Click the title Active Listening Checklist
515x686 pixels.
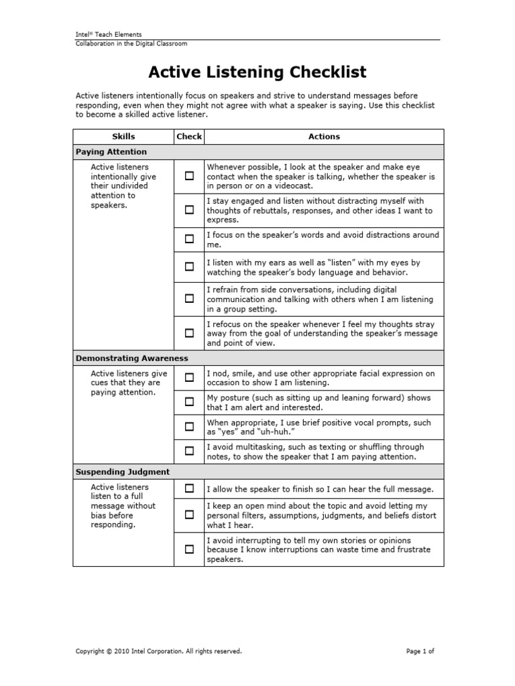pyautogui.click(x=257, y=72)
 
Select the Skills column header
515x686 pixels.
pyautogui.click(x=123, y=137)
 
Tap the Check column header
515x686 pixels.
pyautogui.click(x=189, y=137)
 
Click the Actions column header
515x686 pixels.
pyautogui.click(x=324, y=137)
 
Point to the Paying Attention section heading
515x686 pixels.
pyautogui.click(x=111, y=152)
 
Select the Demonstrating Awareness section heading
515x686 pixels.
pyautogui.click(x=132, y=358)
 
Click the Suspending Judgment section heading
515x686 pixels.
pyautogui.click(x=123, y=472)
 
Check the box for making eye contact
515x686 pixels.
pyautogui.click(x=189, y=176)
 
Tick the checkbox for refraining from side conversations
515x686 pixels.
pyautogui.click(x=189, y=299)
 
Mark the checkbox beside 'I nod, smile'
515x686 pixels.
pyautogui.click(x=189, y=378)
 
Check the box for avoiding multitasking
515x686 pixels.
pyautogui.click(x=189, y=451)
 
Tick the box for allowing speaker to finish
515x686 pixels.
pyautogui.click(x=189, y=488)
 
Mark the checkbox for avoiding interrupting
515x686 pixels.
pyautogui.click(x=189, y=549)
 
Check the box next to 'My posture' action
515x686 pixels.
pyautogui.click(x=189, y=402)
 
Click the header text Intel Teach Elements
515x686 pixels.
pyautogui.click(x=108, y=34)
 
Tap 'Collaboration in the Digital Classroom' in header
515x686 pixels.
pyautogui.click(x=131, y=44)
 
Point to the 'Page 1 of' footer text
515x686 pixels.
pyautogui.click(x=420, y=650)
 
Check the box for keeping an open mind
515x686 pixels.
pyautogui.click(x=189, y=515)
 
